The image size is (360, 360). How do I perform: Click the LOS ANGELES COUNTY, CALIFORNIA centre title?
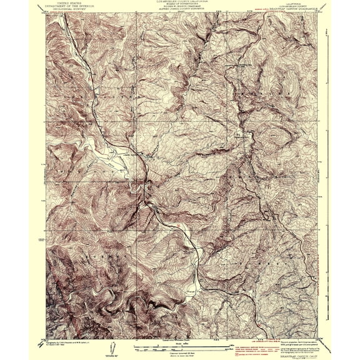(x=181, y=2)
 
